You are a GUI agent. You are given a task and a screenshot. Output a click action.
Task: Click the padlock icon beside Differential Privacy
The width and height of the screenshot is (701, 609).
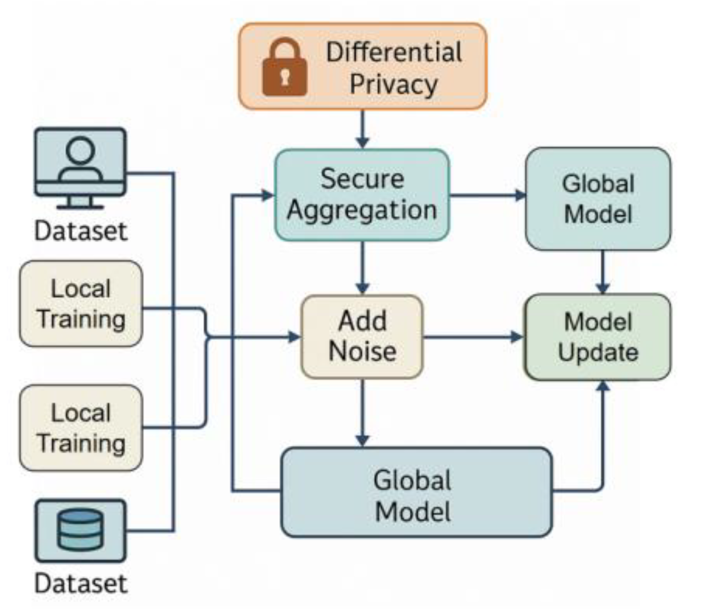284,67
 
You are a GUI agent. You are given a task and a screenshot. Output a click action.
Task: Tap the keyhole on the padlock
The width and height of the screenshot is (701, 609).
284,77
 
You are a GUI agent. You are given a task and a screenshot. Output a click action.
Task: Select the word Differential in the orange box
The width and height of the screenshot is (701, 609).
394,52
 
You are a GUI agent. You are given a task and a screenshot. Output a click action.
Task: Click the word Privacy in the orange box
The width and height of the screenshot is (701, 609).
394,84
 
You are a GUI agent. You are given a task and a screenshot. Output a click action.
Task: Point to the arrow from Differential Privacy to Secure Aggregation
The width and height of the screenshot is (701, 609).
363,129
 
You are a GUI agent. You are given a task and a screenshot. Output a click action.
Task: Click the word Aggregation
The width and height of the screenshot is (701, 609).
362,210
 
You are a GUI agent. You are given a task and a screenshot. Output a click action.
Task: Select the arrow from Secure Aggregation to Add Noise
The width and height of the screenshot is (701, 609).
363,268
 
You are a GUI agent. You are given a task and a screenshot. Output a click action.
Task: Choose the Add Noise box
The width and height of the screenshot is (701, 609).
362,337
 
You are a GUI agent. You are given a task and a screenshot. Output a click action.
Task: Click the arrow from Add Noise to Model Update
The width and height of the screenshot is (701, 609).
474,337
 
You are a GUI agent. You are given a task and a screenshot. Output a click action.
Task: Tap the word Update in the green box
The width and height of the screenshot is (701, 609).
598,352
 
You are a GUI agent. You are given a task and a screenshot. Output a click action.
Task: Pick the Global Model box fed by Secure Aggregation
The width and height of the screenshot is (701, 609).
598,199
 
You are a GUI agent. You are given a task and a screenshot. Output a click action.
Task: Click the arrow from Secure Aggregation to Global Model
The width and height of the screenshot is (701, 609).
487,196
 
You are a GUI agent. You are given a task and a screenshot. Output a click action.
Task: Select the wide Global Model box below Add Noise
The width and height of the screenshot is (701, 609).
417,493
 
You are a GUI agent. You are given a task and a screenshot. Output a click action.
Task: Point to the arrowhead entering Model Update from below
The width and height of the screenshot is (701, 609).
603,386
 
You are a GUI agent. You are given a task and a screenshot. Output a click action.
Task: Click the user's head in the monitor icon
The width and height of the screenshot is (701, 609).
80,149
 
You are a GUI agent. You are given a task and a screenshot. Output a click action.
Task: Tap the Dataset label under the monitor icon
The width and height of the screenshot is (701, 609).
81,231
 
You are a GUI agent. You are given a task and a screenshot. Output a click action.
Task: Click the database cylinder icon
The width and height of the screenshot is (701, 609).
80,530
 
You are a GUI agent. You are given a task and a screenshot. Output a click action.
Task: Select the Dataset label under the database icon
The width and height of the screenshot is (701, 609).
81,583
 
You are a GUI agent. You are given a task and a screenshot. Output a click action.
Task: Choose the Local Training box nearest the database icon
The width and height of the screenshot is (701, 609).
81,428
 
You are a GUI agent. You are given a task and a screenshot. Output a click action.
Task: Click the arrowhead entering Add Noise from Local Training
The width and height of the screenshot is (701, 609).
294,337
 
